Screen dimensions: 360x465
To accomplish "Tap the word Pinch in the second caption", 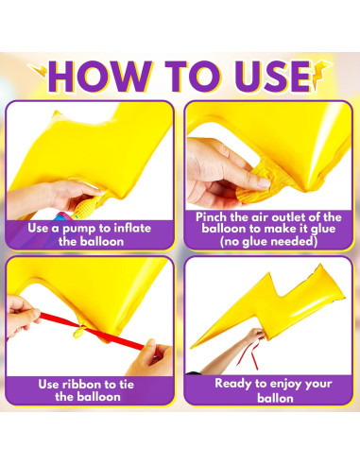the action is click(211, 217).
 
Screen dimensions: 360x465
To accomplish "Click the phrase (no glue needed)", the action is click(268, 242).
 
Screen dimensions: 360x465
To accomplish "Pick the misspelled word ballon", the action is click(275, 398).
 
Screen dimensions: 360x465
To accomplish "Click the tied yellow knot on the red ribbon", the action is click(79, 332).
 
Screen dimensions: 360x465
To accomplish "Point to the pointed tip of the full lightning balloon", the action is click(191, 348).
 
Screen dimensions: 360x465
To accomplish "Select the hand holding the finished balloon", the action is click(256, 336).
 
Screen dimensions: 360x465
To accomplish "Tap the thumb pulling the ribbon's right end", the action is click(150, 346).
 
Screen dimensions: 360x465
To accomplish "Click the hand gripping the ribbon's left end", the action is click(22, 316).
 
